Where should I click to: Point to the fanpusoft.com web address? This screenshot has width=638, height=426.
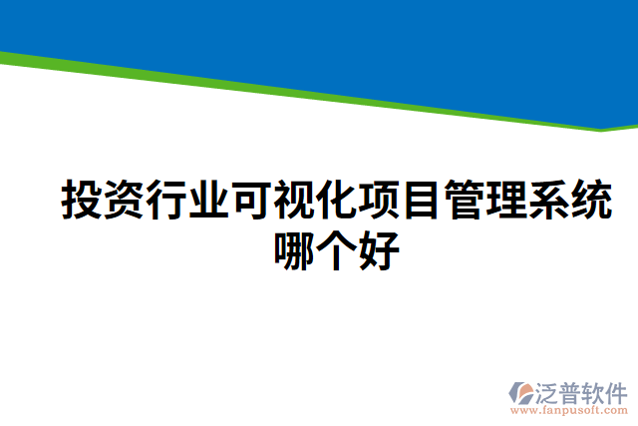click(569, 410)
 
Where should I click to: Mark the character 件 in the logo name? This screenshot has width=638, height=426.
click(616, 391)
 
